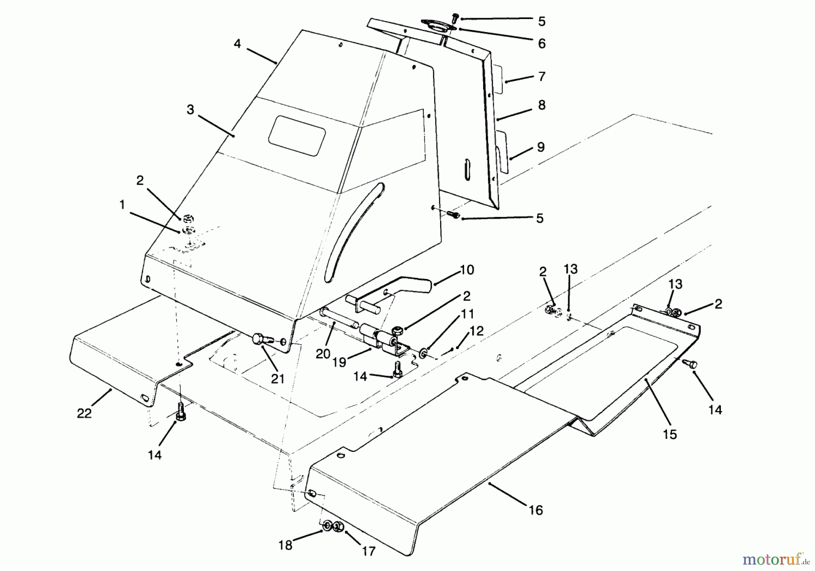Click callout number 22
(84, 413)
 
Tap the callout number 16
(535, 510)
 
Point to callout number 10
(466, 270)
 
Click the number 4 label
(237, 44)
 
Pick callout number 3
(190, 110)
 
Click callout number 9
(541, 147)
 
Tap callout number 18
(285, 545)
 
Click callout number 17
(369, 551)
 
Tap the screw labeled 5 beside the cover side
(453, 214)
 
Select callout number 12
(477, 331)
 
